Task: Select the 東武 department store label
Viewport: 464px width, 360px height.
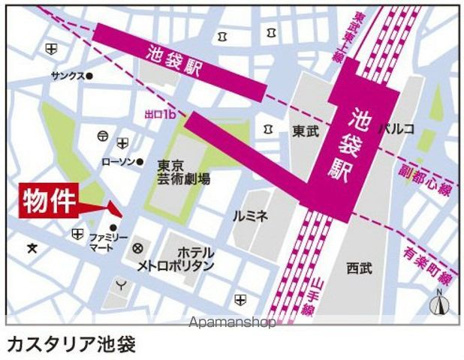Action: click(306, 130)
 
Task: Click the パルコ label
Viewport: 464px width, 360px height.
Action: click(396, 129)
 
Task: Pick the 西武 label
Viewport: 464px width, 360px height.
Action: click(360, 267)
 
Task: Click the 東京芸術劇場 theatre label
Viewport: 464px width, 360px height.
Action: click(184, 172)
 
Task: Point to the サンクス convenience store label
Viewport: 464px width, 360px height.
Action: click(68, 76)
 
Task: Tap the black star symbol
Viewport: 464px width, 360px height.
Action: click(32, 248)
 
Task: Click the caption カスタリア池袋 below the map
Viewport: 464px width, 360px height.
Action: click(71, 343)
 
